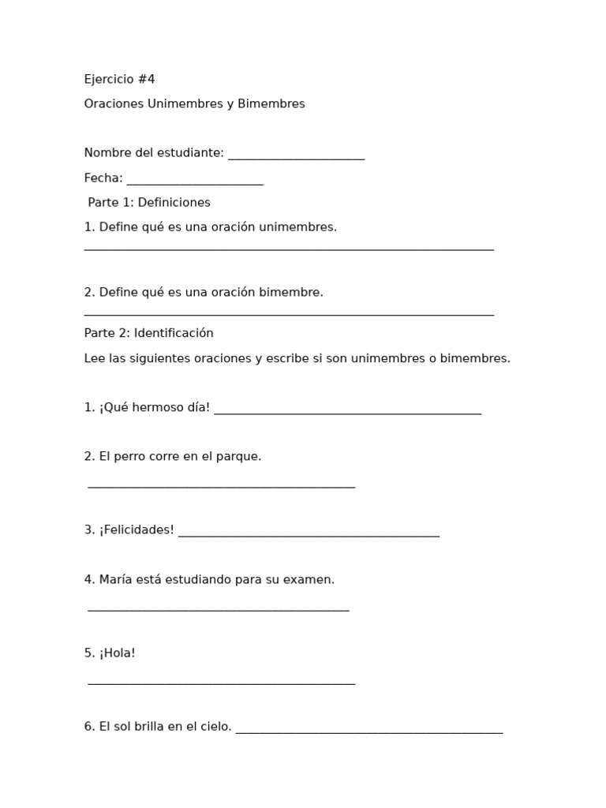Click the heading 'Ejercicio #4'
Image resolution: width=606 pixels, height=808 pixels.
[119, 80]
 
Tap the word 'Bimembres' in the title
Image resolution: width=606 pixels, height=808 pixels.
[275, 104]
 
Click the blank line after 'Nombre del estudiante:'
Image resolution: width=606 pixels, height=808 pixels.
[296, 157]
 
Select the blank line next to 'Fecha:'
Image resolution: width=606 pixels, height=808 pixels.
[195, 182]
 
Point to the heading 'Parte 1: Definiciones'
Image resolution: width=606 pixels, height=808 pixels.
[149, 203]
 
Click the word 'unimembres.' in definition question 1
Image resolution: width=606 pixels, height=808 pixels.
[303, 227]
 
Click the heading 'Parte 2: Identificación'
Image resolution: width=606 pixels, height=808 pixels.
[148, 334]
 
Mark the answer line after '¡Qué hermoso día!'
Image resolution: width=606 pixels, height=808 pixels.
[347, 412]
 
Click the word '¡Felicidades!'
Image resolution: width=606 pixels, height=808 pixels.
[137, 530]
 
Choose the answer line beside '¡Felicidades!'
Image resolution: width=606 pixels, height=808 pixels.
[309, 534]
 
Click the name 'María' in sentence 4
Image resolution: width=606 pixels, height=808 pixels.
[117, 580]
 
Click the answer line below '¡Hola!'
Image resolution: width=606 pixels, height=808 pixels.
[221, 683]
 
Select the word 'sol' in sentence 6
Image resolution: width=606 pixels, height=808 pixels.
[121, 727]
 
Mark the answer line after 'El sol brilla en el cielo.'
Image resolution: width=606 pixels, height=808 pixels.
[368, 731]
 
